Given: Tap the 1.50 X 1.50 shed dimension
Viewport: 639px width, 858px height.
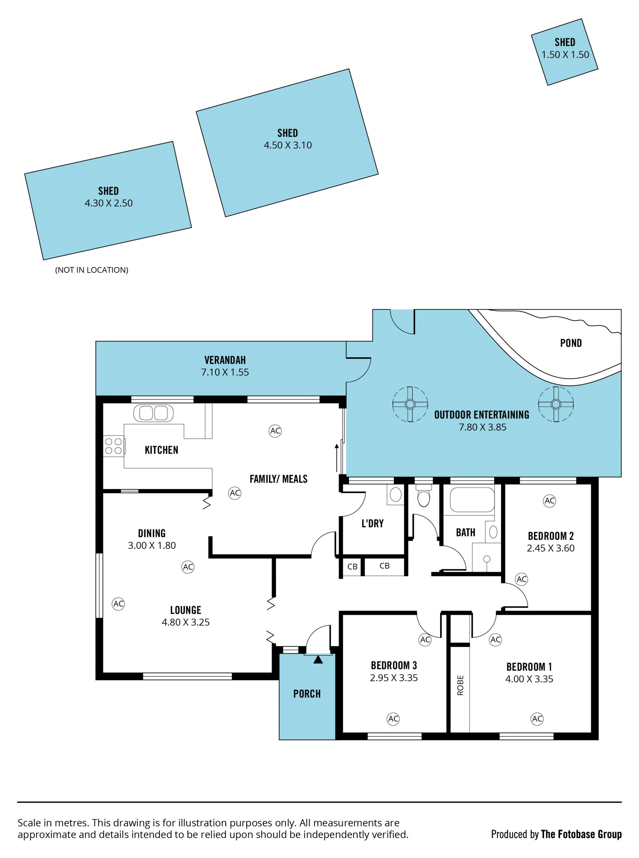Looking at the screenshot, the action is tap(565, 55).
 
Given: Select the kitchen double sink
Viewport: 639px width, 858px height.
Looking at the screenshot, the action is tap(153, 413).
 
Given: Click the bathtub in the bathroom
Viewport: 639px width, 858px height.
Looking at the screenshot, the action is tap(472, 500).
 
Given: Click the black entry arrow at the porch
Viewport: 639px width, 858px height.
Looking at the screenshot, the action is tap(318, 659).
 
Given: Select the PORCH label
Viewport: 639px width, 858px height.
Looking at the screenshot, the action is tap(307, 694).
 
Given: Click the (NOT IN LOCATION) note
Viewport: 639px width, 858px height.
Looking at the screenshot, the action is tap(92, 270).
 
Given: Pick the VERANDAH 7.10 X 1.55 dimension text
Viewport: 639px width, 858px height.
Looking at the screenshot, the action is tap(225, 372).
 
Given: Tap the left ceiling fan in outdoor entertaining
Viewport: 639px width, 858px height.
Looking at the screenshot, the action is tap(410, 404).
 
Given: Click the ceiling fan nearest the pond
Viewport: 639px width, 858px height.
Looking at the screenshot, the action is tap(556, 404).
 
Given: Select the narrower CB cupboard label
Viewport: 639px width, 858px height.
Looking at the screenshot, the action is tap(352, 567).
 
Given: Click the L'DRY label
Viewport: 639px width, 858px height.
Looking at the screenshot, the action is tap(372, 524).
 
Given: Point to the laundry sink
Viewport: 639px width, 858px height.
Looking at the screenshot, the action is tap(395, 495).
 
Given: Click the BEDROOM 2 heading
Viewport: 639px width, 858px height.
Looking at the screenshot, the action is tap(551, 536).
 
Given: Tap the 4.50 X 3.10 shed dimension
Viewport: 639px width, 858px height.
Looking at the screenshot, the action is tap(288, 145).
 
